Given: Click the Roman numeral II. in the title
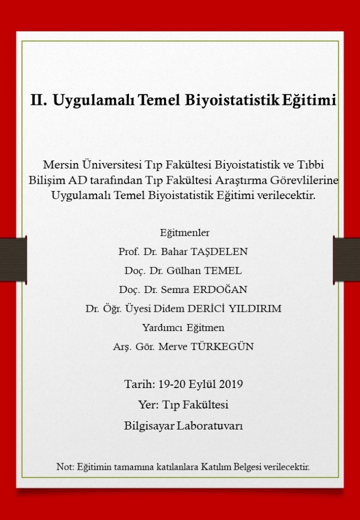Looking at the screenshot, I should (39, 100).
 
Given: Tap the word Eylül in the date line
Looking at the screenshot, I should (202, 384).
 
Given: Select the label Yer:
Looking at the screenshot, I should (149, 405).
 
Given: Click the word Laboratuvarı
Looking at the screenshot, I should (210, 426).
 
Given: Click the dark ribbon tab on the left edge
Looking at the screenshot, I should (13, 259).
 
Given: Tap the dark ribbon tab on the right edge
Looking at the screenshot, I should (347, 259).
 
